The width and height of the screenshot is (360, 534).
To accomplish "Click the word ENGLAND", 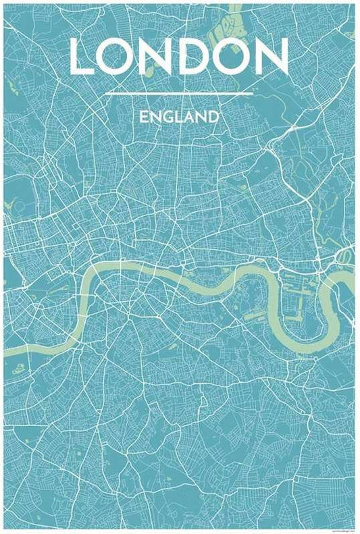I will pyautogui.click(x=180, y=117).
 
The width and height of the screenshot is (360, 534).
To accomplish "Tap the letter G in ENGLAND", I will pyautogui.click(x=168, y=117).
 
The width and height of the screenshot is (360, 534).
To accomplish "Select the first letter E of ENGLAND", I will pyautogui.click(x=144, y=117).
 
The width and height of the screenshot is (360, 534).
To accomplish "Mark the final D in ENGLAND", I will pyautogui.click(x=214, y=117).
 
